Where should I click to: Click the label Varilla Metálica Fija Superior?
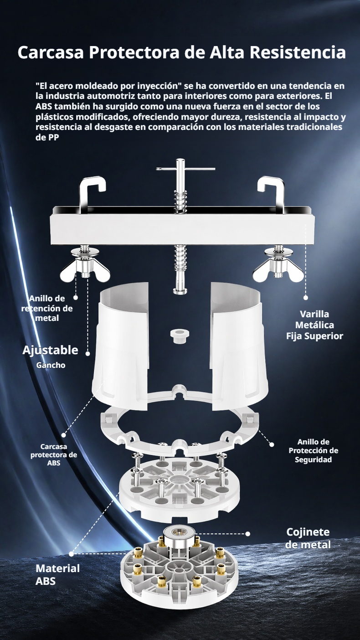click(x=314, y=325)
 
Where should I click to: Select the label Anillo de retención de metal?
click(x=47, y=308)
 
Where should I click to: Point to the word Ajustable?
click(x=50, y=351)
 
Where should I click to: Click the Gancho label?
click(x=51, y=365)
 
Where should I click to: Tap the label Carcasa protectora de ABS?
click(x=54, y=454)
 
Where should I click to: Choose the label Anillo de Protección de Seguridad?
click(x=313, y=450)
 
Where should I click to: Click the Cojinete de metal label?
click(x=308, y=538)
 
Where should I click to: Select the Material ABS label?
click(x=57, y=575)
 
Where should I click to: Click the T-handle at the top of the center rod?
click(x=185, y=169)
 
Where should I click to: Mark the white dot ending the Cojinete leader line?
click(x=248, y=533)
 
